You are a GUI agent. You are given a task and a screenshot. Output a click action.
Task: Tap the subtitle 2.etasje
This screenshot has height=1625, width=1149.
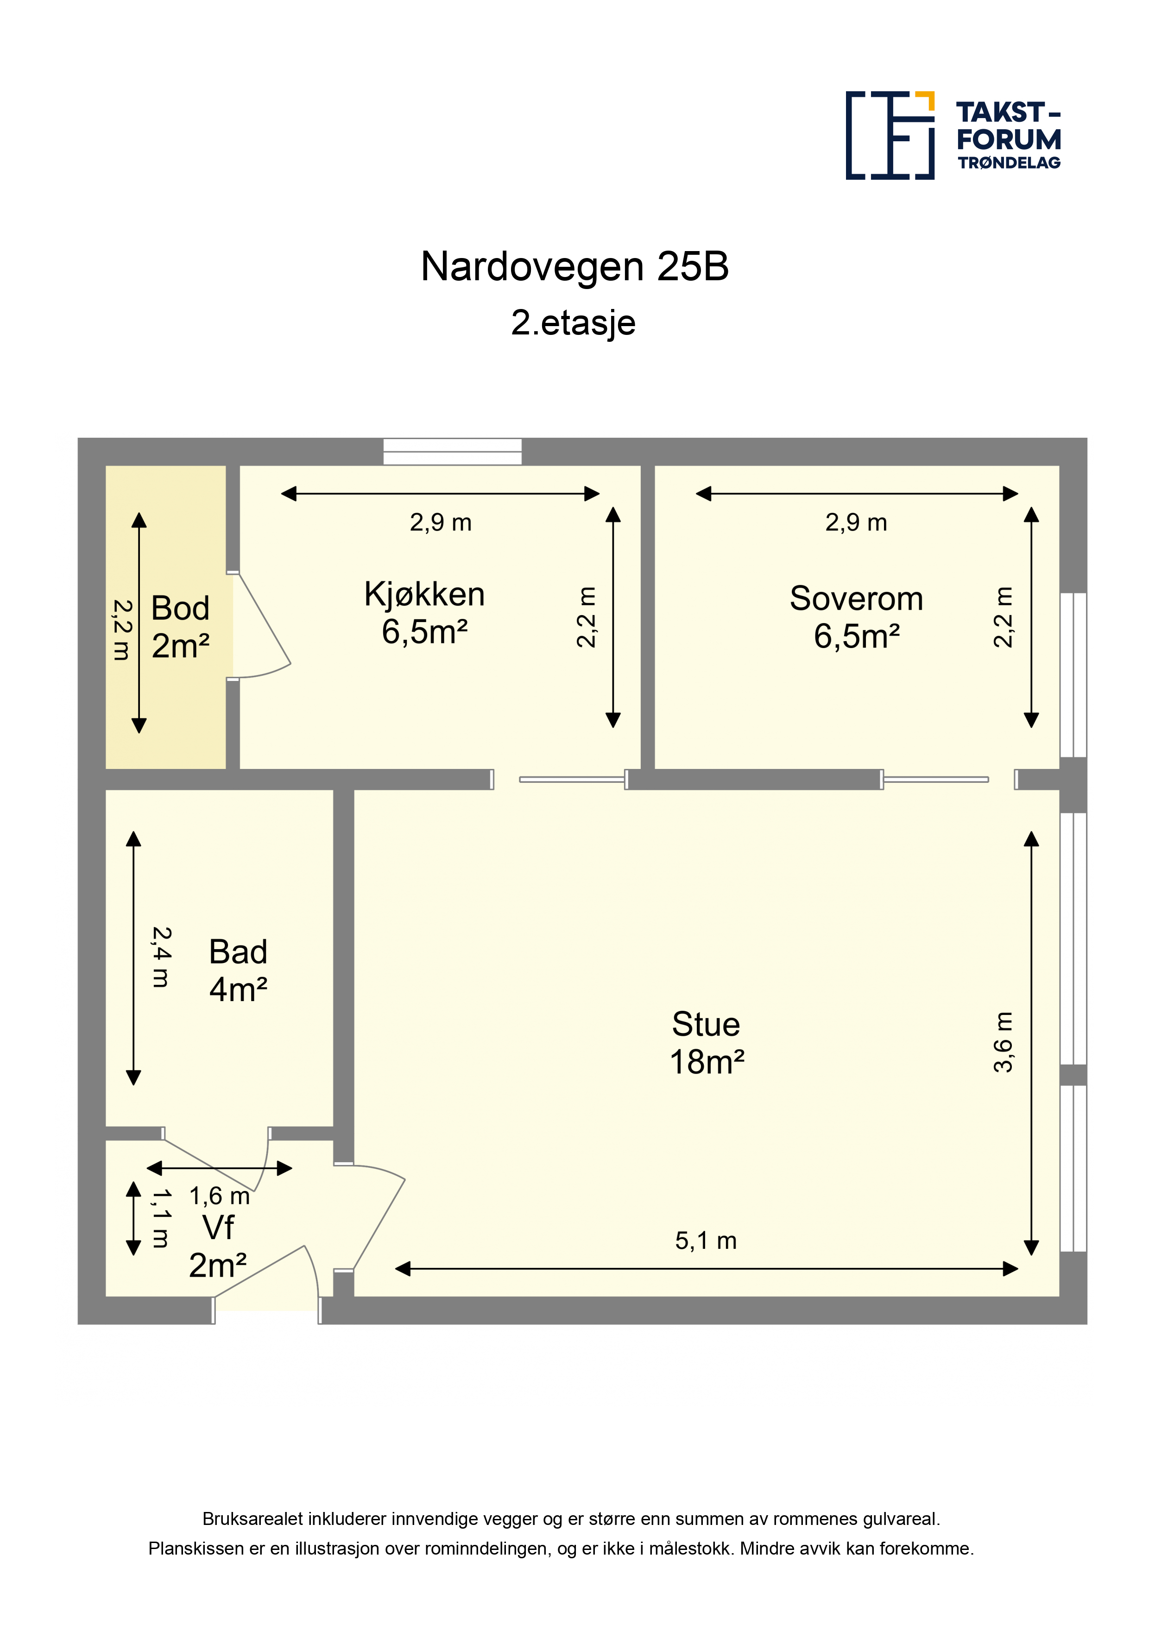574,323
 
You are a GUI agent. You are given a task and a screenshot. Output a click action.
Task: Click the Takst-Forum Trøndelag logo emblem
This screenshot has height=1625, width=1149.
890,135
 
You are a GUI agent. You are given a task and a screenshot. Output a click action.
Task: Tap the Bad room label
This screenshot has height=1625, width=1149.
238,952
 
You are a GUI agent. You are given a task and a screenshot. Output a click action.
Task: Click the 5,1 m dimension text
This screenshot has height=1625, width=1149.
706,1240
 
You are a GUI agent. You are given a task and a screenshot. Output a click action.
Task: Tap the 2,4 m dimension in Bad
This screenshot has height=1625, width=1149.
161,957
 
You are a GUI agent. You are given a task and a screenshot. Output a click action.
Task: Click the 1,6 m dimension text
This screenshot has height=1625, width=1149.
220,1196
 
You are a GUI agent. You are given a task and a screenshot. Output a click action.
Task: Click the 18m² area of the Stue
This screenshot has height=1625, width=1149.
707,1062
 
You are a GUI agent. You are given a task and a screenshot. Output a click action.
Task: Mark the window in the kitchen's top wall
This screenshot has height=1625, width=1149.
452,452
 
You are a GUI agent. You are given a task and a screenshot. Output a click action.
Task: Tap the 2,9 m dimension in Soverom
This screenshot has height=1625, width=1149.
856,523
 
